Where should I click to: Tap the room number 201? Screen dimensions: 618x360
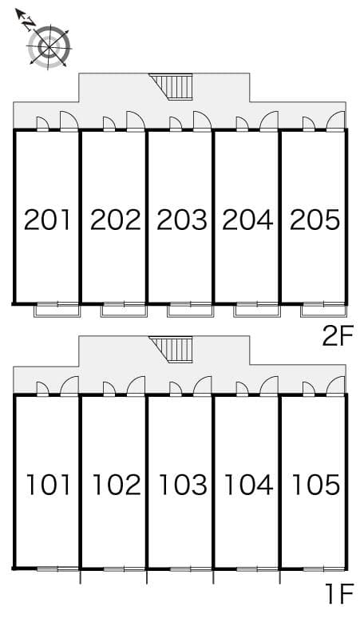pyautogui.click(x=48, y=219)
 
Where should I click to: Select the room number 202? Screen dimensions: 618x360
pyautogui.click(x=115, y=219)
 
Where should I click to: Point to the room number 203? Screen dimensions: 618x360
pyautogui.click(x=181, y=219)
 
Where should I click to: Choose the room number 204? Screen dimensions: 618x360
pyautogui.click(x=247, y=219)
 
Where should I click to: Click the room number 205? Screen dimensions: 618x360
pyautogui.click(x=315, y=219)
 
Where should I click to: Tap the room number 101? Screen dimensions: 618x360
pyautogui.click(x=49, y=484)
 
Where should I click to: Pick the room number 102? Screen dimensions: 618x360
pyautogui.click(x=116, y=484)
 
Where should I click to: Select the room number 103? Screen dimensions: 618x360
pyautogui.click(x=182, y=484)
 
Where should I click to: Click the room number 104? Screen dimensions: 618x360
pyautogui.click(x=248, y=484)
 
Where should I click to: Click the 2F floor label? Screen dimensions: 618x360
pyautogui.click(x=337, y=337)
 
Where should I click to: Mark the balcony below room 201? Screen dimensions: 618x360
pyautogui.click(x=57, y=310)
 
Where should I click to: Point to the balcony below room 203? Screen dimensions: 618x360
pyautogui.click(x=190, y=310)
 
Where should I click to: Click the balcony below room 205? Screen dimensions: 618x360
pyautogui.click(x=323, y=310)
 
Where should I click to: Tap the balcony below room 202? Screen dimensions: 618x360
pyautogui.click(x=124, y=310)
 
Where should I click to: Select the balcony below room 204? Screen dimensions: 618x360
pyautogui.click(x=256, y=310)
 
